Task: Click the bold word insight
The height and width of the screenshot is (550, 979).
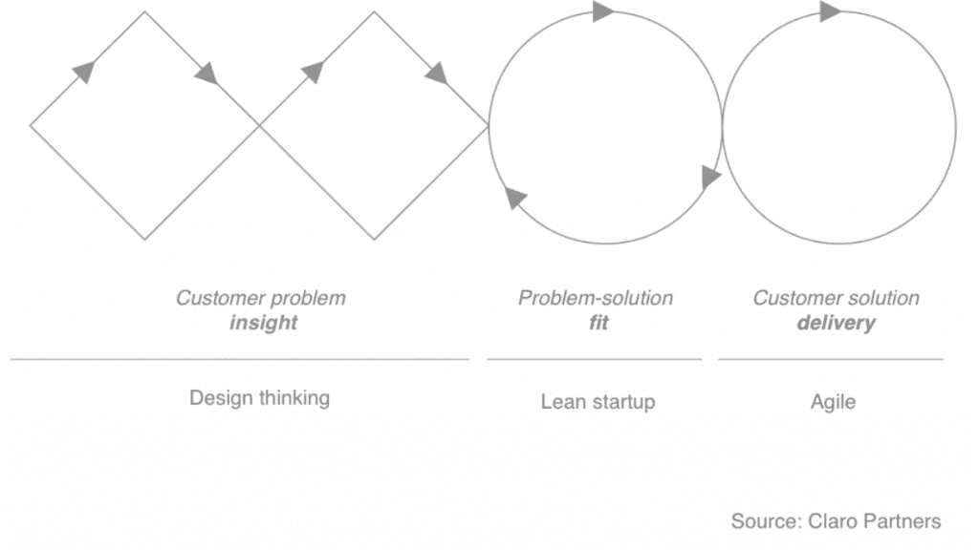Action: [264, 323]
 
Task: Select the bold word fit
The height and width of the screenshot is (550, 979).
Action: [598, 323]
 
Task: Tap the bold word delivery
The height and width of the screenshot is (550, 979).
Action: [836, 323]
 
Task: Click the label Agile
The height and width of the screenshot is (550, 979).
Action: [833, 402]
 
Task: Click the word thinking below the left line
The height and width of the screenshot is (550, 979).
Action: [294, 398]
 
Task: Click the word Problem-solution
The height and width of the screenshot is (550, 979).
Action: [596, 298]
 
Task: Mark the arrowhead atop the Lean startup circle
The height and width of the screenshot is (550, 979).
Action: [603, 11]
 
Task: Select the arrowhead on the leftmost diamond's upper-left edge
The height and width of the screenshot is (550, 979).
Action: [84, 72]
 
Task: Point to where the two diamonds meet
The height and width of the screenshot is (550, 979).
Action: [259, 125]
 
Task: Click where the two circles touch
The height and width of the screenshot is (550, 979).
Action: [722, 127]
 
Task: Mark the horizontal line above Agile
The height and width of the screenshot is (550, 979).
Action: [831, 359]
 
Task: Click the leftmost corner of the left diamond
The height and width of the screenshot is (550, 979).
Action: [30, 125]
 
